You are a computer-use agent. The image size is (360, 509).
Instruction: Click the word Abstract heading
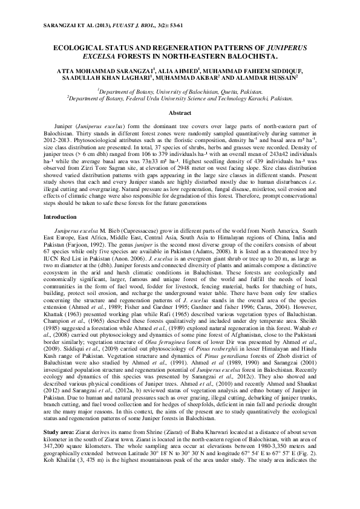180,113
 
